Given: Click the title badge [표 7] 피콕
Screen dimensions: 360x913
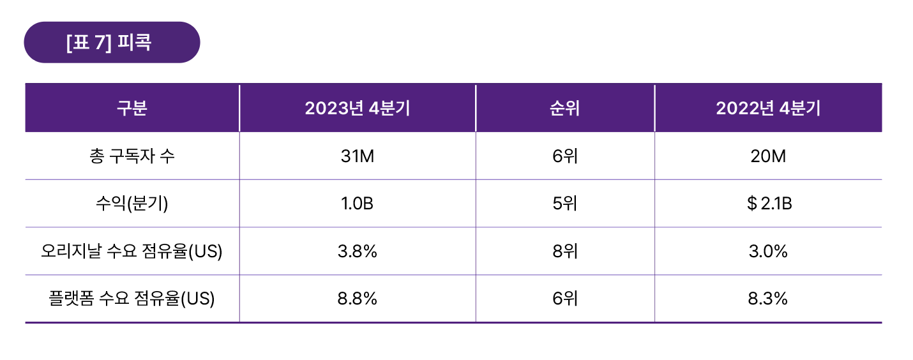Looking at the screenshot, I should (112, 43).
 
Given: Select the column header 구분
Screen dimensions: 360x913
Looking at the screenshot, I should (132, 108).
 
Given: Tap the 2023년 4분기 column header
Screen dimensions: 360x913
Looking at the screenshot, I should (357, 108).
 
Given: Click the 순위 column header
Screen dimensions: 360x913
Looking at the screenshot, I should (564, 108).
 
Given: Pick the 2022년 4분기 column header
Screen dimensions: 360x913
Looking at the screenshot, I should (767, 108).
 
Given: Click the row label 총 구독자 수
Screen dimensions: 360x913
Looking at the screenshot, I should (132, 156).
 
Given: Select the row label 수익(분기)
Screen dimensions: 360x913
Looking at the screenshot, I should (132, 204).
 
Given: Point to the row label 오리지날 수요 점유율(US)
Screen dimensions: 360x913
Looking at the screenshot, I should (132, 251).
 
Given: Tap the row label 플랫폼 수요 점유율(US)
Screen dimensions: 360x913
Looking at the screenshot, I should (132, 299).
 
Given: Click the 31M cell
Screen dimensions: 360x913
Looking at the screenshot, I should (357, 156).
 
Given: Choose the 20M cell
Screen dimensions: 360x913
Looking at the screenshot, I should (767, 156).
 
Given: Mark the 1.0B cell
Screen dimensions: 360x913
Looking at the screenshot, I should (357, 204).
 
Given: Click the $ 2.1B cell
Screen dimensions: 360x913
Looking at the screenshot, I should (768, 204).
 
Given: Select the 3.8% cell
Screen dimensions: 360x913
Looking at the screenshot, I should (357, 251).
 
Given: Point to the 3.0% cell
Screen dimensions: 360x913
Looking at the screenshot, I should (767, 251).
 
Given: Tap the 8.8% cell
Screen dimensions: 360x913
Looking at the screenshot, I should (357, 299).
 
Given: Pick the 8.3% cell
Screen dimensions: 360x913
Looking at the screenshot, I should (767, 299).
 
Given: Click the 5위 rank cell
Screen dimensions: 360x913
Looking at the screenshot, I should (564, 204).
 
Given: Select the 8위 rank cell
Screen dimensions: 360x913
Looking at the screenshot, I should (564, 251).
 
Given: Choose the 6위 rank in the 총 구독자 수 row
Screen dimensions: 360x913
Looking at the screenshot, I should (564, 156).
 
